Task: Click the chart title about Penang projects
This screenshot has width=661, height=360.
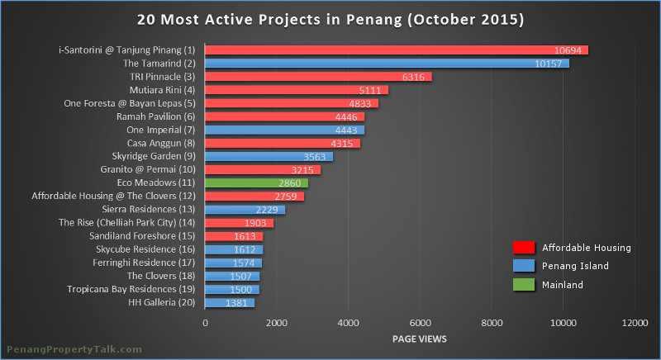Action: (330, 17)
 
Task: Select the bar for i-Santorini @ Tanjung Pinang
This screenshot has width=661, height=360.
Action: (396, 50)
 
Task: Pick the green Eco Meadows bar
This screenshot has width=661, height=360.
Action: (256, 182)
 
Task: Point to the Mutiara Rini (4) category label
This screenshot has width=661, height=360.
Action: (162, 89)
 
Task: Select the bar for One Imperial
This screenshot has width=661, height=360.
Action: (284, 130)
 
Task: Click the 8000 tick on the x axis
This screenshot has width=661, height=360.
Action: (492, 323)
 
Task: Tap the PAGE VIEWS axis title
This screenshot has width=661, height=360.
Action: (421, 339)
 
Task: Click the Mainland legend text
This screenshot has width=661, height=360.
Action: (563, 285)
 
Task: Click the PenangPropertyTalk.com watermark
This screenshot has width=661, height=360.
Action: (74, 350)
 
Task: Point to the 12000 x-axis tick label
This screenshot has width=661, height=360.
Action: (635, 323)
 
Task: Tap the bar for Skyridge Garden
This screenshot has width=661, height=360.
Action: (269, 156)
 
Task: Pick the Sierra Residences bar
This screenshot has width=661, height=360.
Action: (245, 209)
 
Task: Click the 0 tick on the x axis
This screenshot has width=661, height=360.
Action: (205, 323)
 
